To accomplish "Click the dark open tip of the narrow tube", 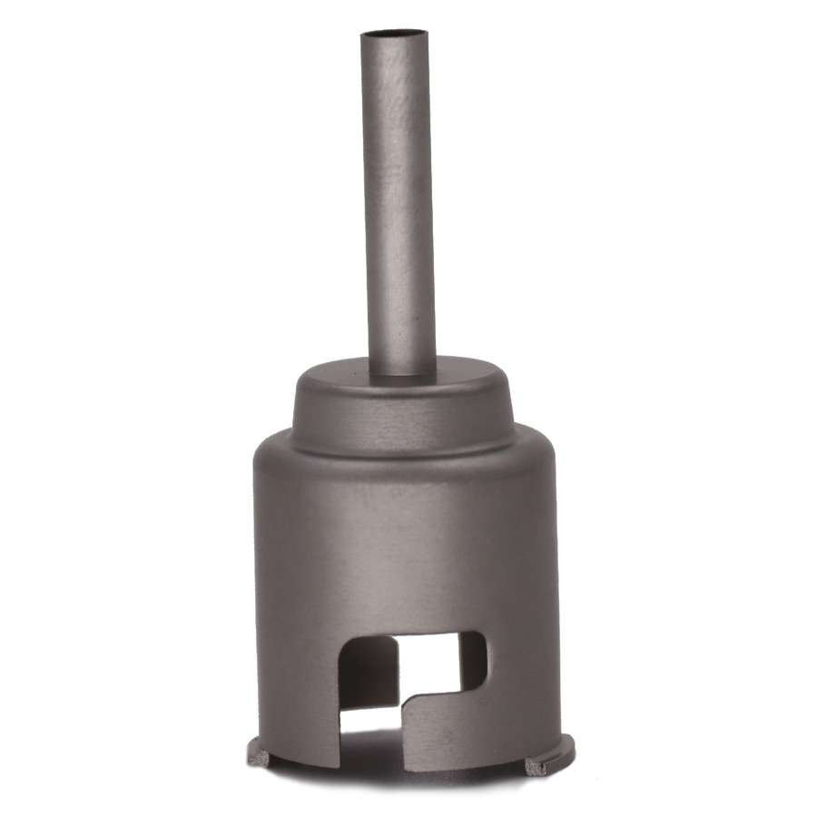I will tap(394, 36).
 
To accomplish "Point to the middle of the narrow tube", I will tap(398, 200).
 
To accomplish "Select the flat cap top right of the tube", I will tap(463, 372).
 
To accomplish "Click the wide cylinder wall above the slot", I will tap(404, 554).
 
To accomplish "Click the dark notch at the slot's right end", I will tap(472, 658).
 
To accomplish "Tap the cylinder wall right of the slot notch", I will tap(522, 663).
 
